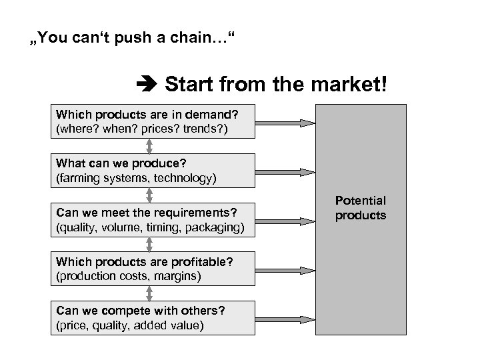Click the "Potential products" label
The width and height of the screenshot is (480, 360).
pyautogui.click(x=360, y=208)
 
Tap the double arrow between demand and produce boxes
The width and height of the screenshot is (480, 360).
pyautogui.click(x=150, y=146)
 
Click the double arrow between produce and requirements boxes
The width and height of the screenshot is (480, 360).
pyautogui.click(x=150, y=195)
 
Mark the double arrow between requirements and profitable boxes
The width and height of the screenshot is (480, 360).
pyautogui.click(x=150, y=243)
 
